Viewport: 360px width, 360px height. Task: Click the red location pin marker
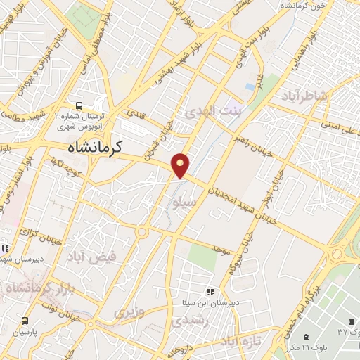(181, 165)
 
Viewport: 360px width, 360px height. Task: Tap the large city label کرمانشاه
(96, 147)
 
